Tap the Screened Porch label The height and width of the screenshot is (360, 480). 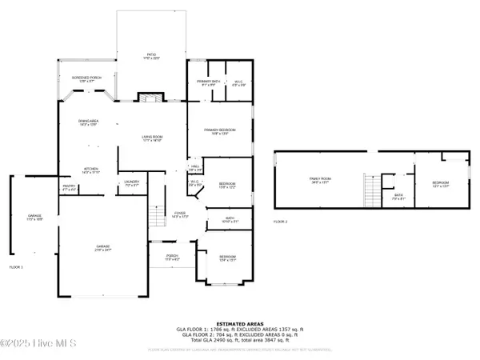point(86,79)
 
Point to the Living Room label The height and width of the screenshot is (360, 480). point(153,139)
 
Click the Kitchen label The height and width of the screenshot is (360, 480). point(91,170)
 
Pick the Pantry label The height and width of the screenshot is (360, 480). point(69,187)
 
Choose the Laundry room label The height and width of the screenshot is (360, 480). point(132,183)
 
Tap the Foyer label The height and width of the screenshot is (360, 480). point(180,215)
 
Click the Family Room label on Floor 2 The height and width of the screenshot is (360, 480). point(322,181)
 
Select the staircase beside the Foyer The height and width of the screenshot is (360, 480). point(158,216)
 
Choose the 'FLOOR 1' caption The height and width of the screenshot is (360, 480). point(16,266)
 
